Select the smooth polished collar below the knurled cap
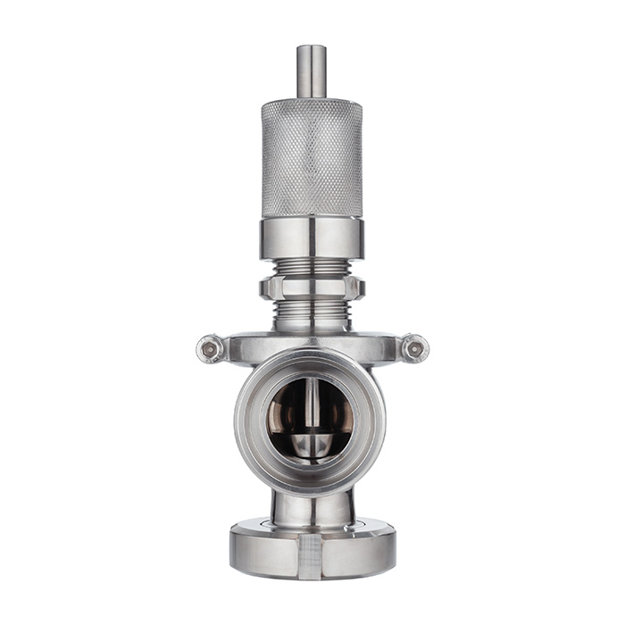312,238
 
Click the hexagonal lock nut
312,287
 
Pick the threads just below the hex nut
312,312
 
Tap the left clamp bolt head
211,348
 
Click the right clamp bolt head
413,347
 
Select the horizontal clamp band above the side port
312,345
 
